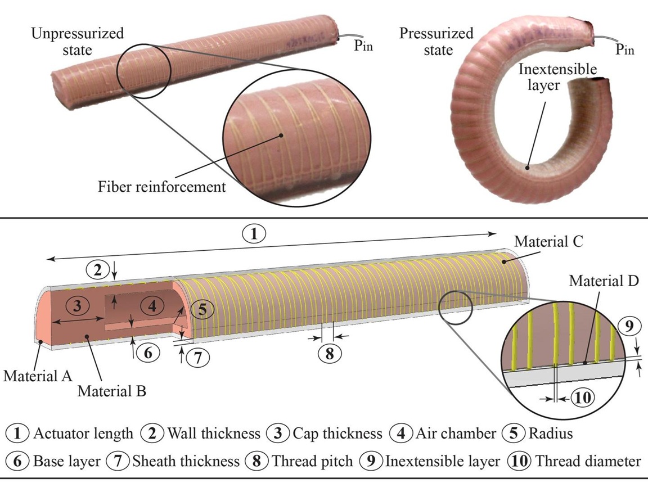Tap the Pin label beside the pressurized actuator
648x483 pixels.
(x=624, y=49)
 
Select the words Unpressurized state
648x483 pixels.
(x=78, y=42)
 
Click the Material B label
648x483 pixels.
(x=112, y=391)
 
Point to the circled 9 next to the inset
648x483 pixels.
(x=628, y=325)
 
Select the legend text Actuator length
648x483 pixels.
(x=83, y=434)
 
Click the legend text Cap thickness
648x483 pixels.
(x=336, y=434)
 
